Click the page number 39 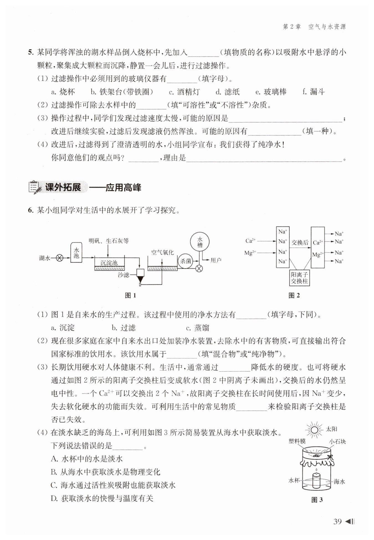[337, 522]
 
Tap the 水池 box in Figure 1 [76, 253]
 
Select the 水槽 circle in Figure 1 [200, 242]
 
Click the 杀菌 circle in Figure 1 [185, 261]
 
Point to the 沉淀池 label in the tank [109, 263]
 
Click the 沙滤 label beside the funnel [123, 275]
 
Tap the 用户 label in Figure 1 [216, 260]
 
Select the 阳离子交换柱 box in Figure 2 [299, 278]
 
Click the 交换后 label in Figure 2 [300, 243]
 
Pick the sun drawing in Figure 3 [314, 430]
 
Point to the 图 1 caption [130, 295]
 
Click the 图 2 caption [294, 295]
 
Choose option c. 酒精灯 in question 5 [184, 92]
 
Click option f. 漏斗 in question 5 [313, 92]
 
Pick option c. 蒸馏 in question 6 [198, 328]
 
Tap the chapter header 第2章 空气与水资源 [314, 27]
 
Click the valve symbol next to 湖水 [60, 258]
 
